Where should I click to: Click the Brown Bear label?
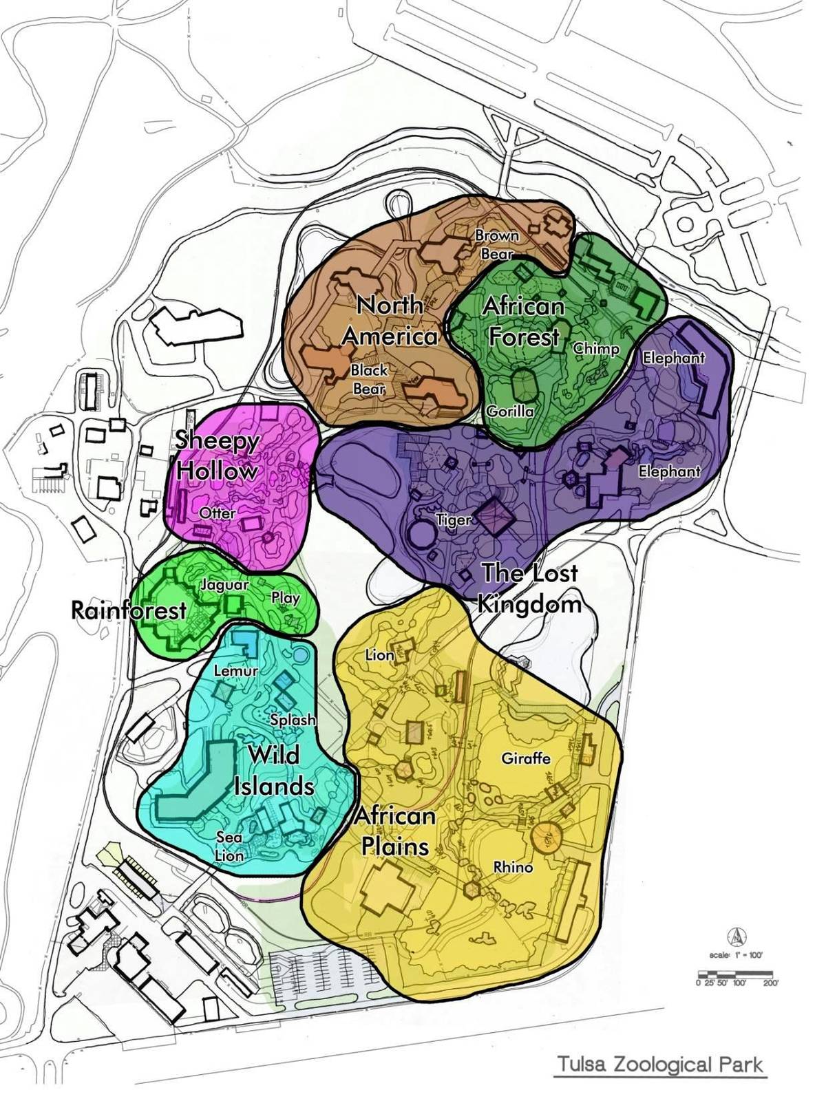pyautogui.click(x=497, y=244)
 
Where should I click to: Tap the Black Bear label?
pyautogui.click(x=369, y=379)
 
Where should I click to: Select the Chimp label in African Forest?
pyautogui.click(x=596, y=348)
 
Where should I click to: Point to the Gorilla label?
pyautogui.click(x=510, y=411)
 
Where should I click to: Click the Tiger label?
pyautogui.click(x=454, y=520)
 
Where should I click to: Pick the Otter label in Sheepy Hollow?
pyautogui.click(x=217, y=513)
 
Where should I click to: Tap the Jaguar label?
pyautogui.click(x=224, y=585)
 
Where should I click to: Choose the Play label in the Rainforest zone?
pyautogui.click(x=285, y=597)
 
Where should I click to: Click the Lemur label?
pyautogui.click(x=236, y=670)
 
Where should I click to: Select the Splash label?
pyautogui.click(x=293, y=720)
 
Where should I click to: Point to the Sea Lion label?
pyautogui.click(x=229, y=846)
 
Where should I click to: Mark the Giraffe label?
pyautogui.click(x=526, y=758)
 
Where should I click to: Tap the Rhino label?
pyautogui.click(x=514, y=867)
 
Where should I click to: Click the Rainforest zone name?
pyautogui.click(x=129, y=610)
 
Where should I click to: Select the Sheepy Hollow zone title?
pyautogui.click(x=217, y=456)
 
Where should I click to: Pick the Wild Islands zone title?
pyautogui.click(x=274, y=771)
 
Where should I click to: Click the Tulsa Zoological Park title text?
pyautogui.click(x=660, y=1064)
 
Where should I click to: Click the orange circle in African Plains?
pyautogui.click(x=549, y=836)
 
